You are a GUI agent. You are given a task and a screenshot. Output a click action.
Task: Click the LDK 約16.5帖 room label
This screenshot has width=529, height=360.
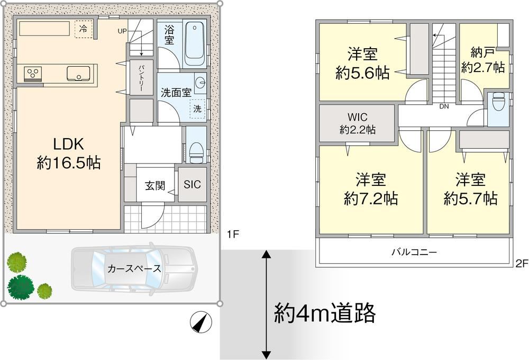click(68, 154)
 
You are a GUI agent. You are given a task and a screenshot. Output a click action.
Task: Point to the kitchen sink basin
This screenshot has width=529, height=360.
click(78, 73)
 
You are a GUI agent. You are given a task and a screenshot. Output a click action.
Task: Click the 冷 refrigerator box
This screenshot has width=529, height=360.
click(83, 29)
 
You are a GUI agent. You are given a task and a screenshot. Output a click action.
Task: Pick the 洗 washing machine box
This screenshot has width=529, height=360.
click(197, 109)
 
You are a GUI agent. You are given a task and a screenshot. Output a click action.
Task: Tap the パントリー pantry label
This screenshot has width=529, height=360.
click(141, 77)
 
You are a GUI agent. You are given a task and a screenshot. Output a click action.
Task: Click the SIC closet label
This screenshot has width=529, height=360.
click(192, 184)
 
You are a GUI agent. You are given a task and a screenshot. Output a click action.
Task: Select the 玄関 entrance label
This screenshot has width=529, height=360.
click(155, 185)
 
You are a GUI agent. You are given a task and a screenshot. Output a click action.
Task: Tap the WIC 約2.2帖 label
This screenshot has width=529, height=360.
click(357, 123)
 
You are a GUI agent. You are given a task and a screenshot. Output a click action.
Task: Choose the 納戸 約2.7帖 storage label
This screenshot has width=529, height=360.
click(483, 60)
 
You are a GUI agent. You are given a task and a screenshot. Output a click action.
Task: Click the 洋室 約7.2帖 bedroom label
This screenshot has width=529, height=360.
click(371, 189)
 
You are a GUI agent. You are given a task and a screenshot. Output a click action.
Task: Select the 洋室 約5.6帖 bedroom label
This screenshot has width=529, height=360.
click(362, 64)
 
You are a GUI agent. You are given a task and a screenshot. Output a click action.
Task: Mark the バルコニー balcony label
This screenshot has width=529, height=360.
click(414, 252)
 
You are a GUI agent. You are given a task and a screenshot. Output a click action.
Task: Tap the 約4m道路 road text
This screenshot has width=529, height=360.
click(325, 313)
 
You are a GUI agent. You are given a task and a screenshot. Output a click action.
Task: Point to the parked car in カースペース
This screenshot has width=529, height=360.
click(133, 268)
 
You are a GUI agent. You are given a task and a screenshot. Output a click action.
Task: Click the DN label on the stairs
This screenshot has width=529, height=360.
click(444, 106)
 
